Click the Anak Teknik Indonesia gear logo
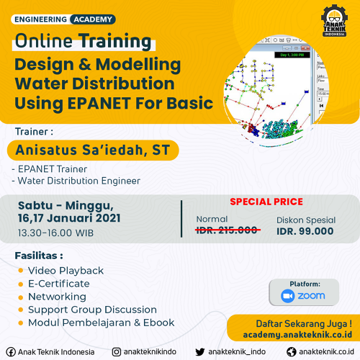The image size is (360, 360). click(x=335, y=21)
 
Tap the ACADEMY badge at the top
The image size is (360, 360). click(x=93, y=19)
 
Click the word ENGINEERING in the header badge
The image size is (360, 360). click(x=40, y=19)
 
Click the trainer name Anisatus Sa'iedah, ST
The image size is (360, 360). click(x=93, y=150)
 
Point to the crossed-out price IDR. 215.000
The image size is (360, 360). click(x=228, y=230)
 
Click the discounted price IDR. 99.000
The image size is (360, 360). click(x=305, y=231)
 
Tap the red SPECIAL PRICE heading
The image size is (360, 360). click(x=266, y=202)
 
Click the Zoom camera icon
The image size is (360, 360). click(x=287, y=296)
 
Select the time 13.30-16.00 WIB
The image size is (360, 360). click(x=55, y=233)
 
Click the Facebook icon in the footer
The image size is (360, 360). click(x=11, y=352)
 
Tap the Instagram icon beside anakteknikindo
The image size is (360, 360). click(x=117, y=352)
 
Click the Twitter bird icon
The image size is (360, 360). click(x=200, y=352)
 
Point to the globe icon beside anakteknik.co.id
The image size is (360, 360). click(x=292, y=352)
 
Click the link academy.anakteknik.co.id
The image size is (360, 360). click(x=297, y=335)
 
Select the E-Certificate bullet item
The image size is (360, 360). click(x=59, y=284)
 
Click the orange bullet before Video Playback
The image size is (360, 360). click(x=21, y=271)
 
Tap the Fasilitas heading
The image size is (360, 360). click(x=39, y=256)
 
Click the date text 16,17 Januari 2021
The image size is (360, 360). click(x=69, y=218)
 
